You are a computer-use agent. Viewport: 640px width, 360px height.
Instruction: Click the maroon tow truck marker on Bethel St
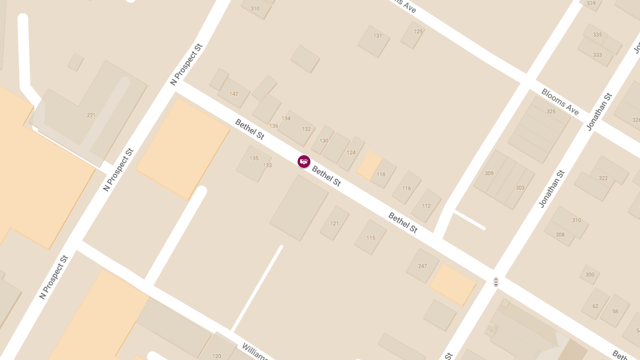coord(304,161)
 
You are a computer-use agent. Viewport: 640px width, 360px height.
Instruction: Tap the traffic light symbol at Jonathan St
coord(496,282)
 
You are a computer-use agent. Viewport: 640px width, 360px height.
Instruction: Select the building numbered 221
coord(91,115)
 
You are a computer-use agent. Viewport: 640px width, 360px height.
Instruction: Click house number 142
coord(234,94)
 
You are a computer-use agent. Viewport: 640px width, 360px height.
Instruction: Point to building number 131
coord(378,36)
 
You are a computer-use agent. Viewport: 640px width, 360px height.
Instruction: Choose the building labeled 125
coord(418,31)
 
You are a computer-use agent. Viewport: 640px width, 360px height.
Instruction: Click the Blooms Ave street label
coord(560,101)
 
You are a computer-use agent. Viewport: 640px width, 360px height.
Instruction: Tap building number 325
coord(551,111)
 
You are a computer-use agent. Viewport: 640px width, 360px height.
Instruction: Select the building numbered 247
coord(422,266)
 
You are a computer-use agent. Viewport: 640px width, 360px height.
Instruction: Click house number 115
coord(371,238)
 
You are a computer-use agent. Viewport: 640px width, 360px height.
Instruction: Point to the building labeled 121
coord(334,223)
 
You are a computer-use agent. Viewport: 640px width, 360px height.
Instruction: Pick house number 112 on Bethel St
coord(426,206)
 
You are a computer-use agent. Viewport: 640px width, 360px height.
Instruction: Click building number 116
coord(406,188)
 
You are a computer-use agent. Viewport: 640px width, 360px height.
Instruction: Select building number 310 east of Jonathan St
coord(577,220)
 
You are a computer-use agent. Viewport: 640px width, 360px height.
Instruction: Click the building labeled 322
coord(603,178)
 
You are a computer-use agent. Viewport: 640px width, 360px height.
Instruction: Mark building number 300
coord(590,275)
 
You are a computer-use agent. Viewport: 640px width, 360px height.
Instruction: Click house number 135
coord(254,158)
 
